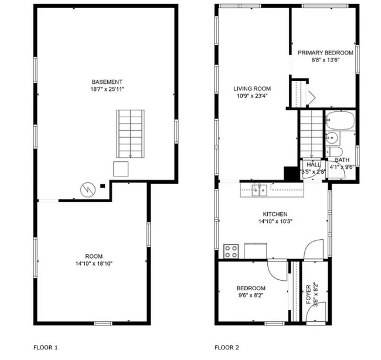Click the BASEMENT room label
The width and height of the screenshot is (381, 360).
107,81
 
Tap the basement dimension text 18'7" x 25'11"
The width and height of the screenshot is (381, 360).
107,89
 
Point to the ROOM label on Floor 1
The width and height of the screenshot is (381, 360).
94,256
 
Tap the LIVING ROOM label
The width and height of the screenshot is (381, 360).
252,89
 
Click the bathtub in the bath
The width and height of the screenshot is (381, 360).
340,121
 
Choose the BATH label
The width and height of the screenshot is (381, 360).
342,159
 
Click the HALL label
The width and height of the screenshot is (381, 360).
313,165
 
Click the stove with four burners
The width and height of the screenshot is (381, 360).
232,251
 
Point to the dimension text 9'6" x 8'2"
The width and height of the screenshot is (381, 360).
251,296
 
